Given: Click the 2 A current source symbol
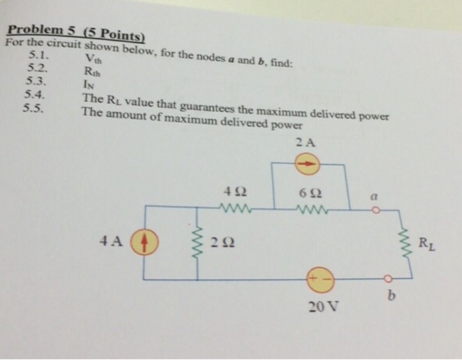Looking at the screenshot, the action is tap(307, 165).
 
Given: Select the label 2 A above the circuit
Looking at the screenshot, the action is tap(306, 142).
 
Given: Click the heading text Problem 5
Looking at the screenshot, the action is tap(41, 30).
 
